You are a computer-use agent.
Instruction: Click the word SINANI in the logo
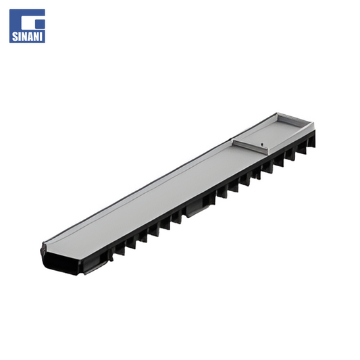pos(27,36)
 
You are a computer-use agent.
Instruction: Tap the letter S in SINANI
pos(15,36)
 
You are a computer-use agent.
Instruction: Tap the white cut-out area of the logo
pos(30,24)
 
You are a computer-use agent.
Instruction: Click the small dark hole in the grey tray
pos(262,145)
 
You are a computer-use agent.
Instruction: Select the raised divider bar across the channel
pos(251,147)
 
